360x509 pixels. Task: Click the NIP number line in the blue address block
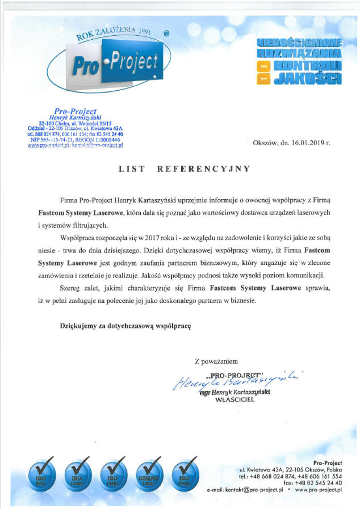pos(74,140)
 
